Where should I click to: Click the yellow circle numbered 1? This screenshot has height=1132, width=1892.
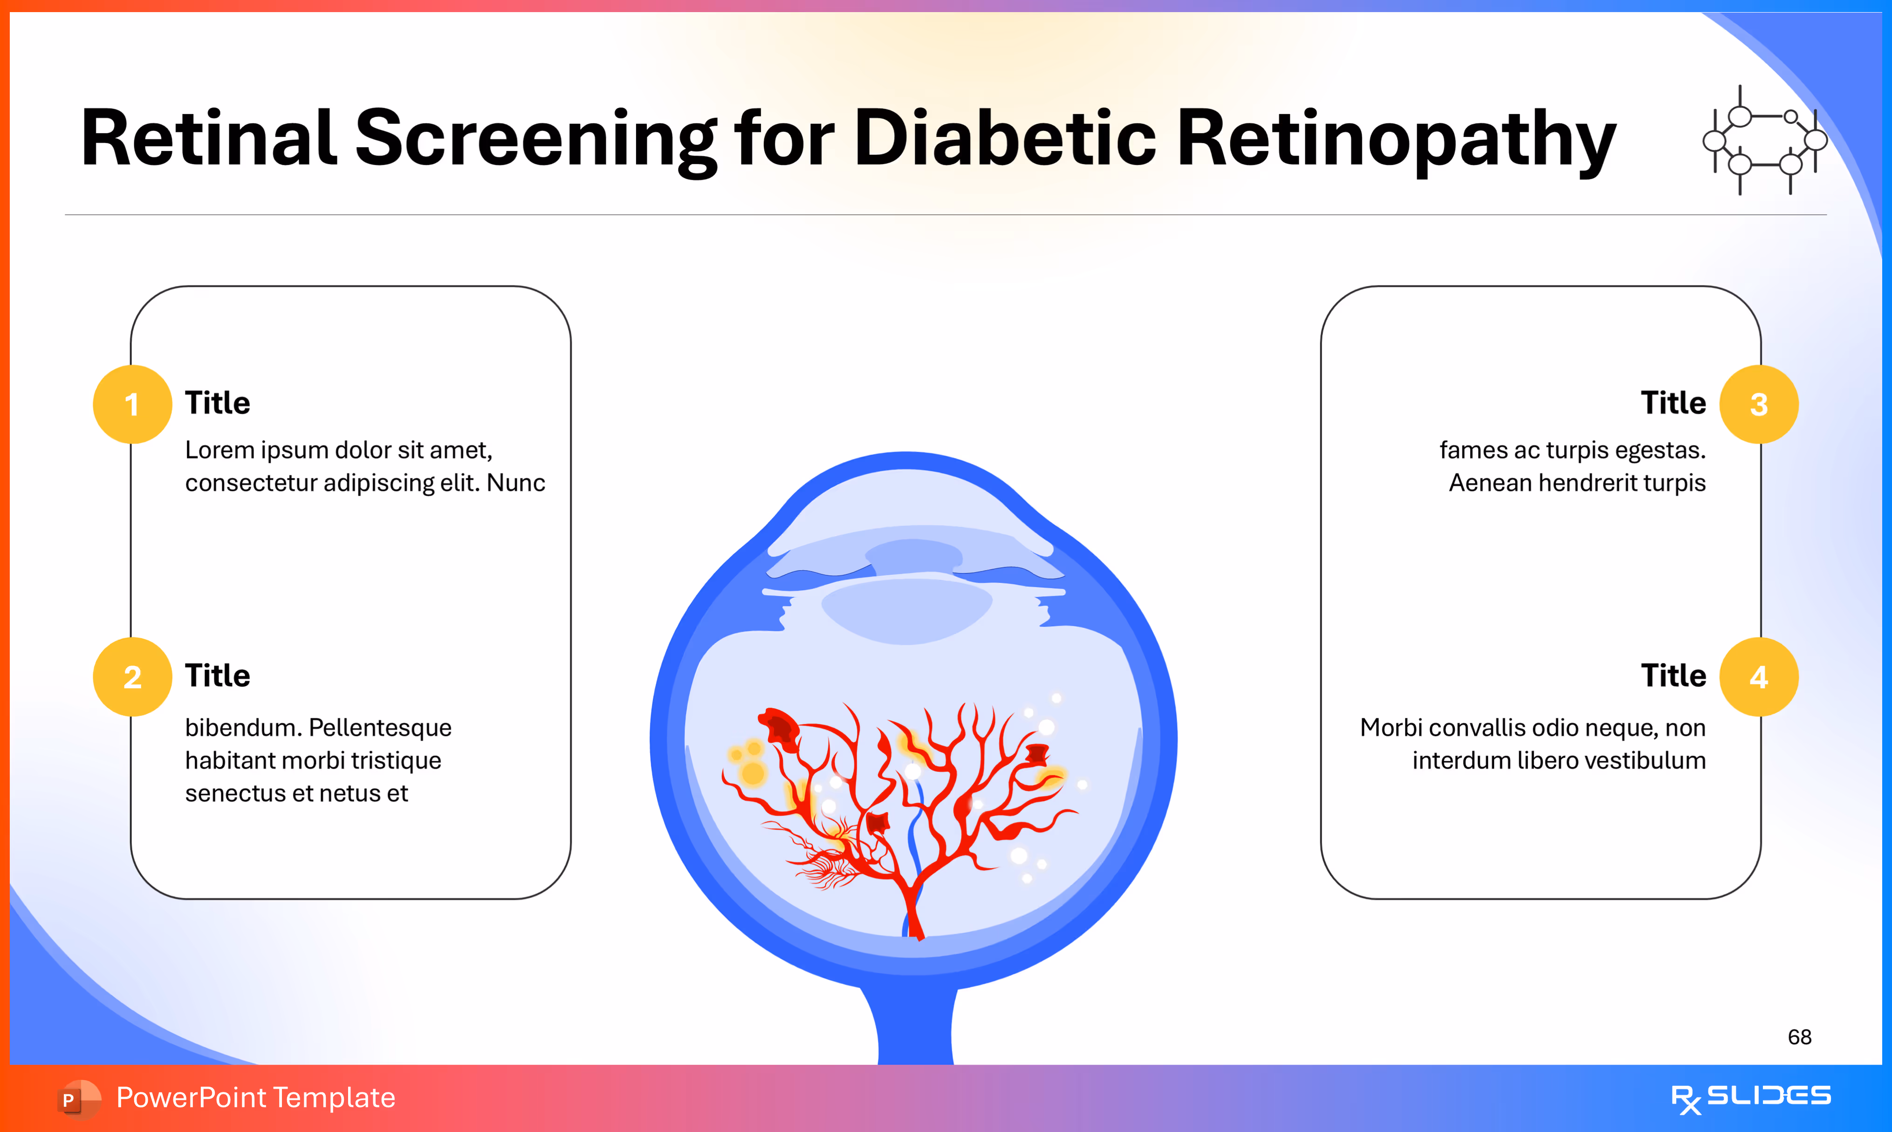tap(132, 404)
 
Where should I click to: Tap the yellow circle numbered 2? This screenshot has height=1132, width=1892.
tap(132, 676)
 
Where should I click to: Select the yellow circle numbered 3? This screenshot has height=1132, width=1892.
tap(1759, 404)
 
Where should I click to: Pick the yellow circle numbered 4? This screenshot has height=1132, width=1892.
tap(1759, 676)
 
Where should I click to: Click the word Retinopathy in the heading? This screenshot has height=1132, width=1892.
tap(1396, 139)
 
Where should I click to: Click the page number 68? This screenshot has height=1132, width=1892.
tap(1799, 1037)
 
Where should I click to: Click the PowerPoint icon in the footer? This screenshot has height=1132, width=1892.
tap(78, 1098)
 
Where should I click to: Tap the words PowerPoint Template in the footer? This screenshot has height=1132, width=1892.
tap(255, 1098)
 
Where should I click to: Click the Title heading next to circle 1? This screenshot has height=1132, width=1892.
tap(218, 403)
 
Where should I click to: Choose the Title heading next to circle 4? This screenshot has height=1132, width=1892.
tap(1673, 676)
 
